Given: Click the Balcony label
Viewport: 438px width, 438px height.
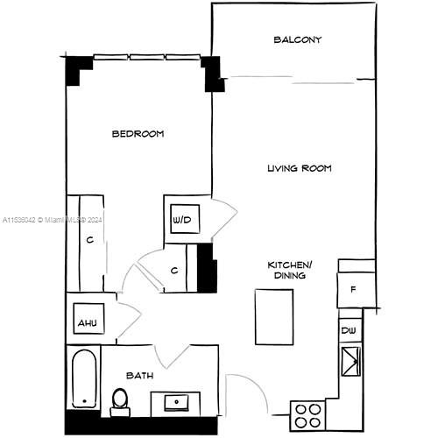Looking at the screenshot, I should click(297, 39).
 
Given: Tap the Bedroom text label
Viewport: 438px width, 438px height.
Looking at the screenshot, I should click(138, 134).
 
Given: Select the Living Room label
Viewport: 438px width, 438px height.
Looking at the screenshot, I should click(299, 167).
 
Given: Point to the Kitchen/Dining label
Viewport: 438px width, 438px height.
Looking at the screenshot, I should click(290, 269).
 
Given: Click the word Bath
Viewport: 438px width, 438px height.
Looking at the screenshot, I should click(140, 375).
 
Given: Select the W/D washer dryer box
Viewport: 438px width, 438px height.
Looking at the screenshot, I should click(182, 219).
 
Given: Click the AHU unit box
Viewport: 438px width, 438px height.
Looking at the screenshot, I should click(87, 322).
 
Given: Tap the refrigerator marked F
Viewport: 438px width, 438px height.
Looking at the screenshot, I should click(354, 288).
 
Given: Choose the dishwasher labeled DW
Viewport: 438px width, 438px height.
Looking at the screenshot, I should click(350, 331).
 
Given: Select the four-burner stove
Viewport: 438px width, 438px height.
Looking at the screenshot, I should click(307, 414).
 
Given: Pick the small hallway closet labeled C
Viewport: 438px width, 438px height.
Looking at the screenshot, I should click(174, 271).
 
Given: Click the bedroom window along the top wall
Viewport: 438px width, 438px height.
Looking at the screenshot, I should click(147, 59).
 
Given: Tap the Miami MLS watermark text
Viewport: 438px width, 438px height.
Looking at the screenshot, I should click(53, 219).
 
